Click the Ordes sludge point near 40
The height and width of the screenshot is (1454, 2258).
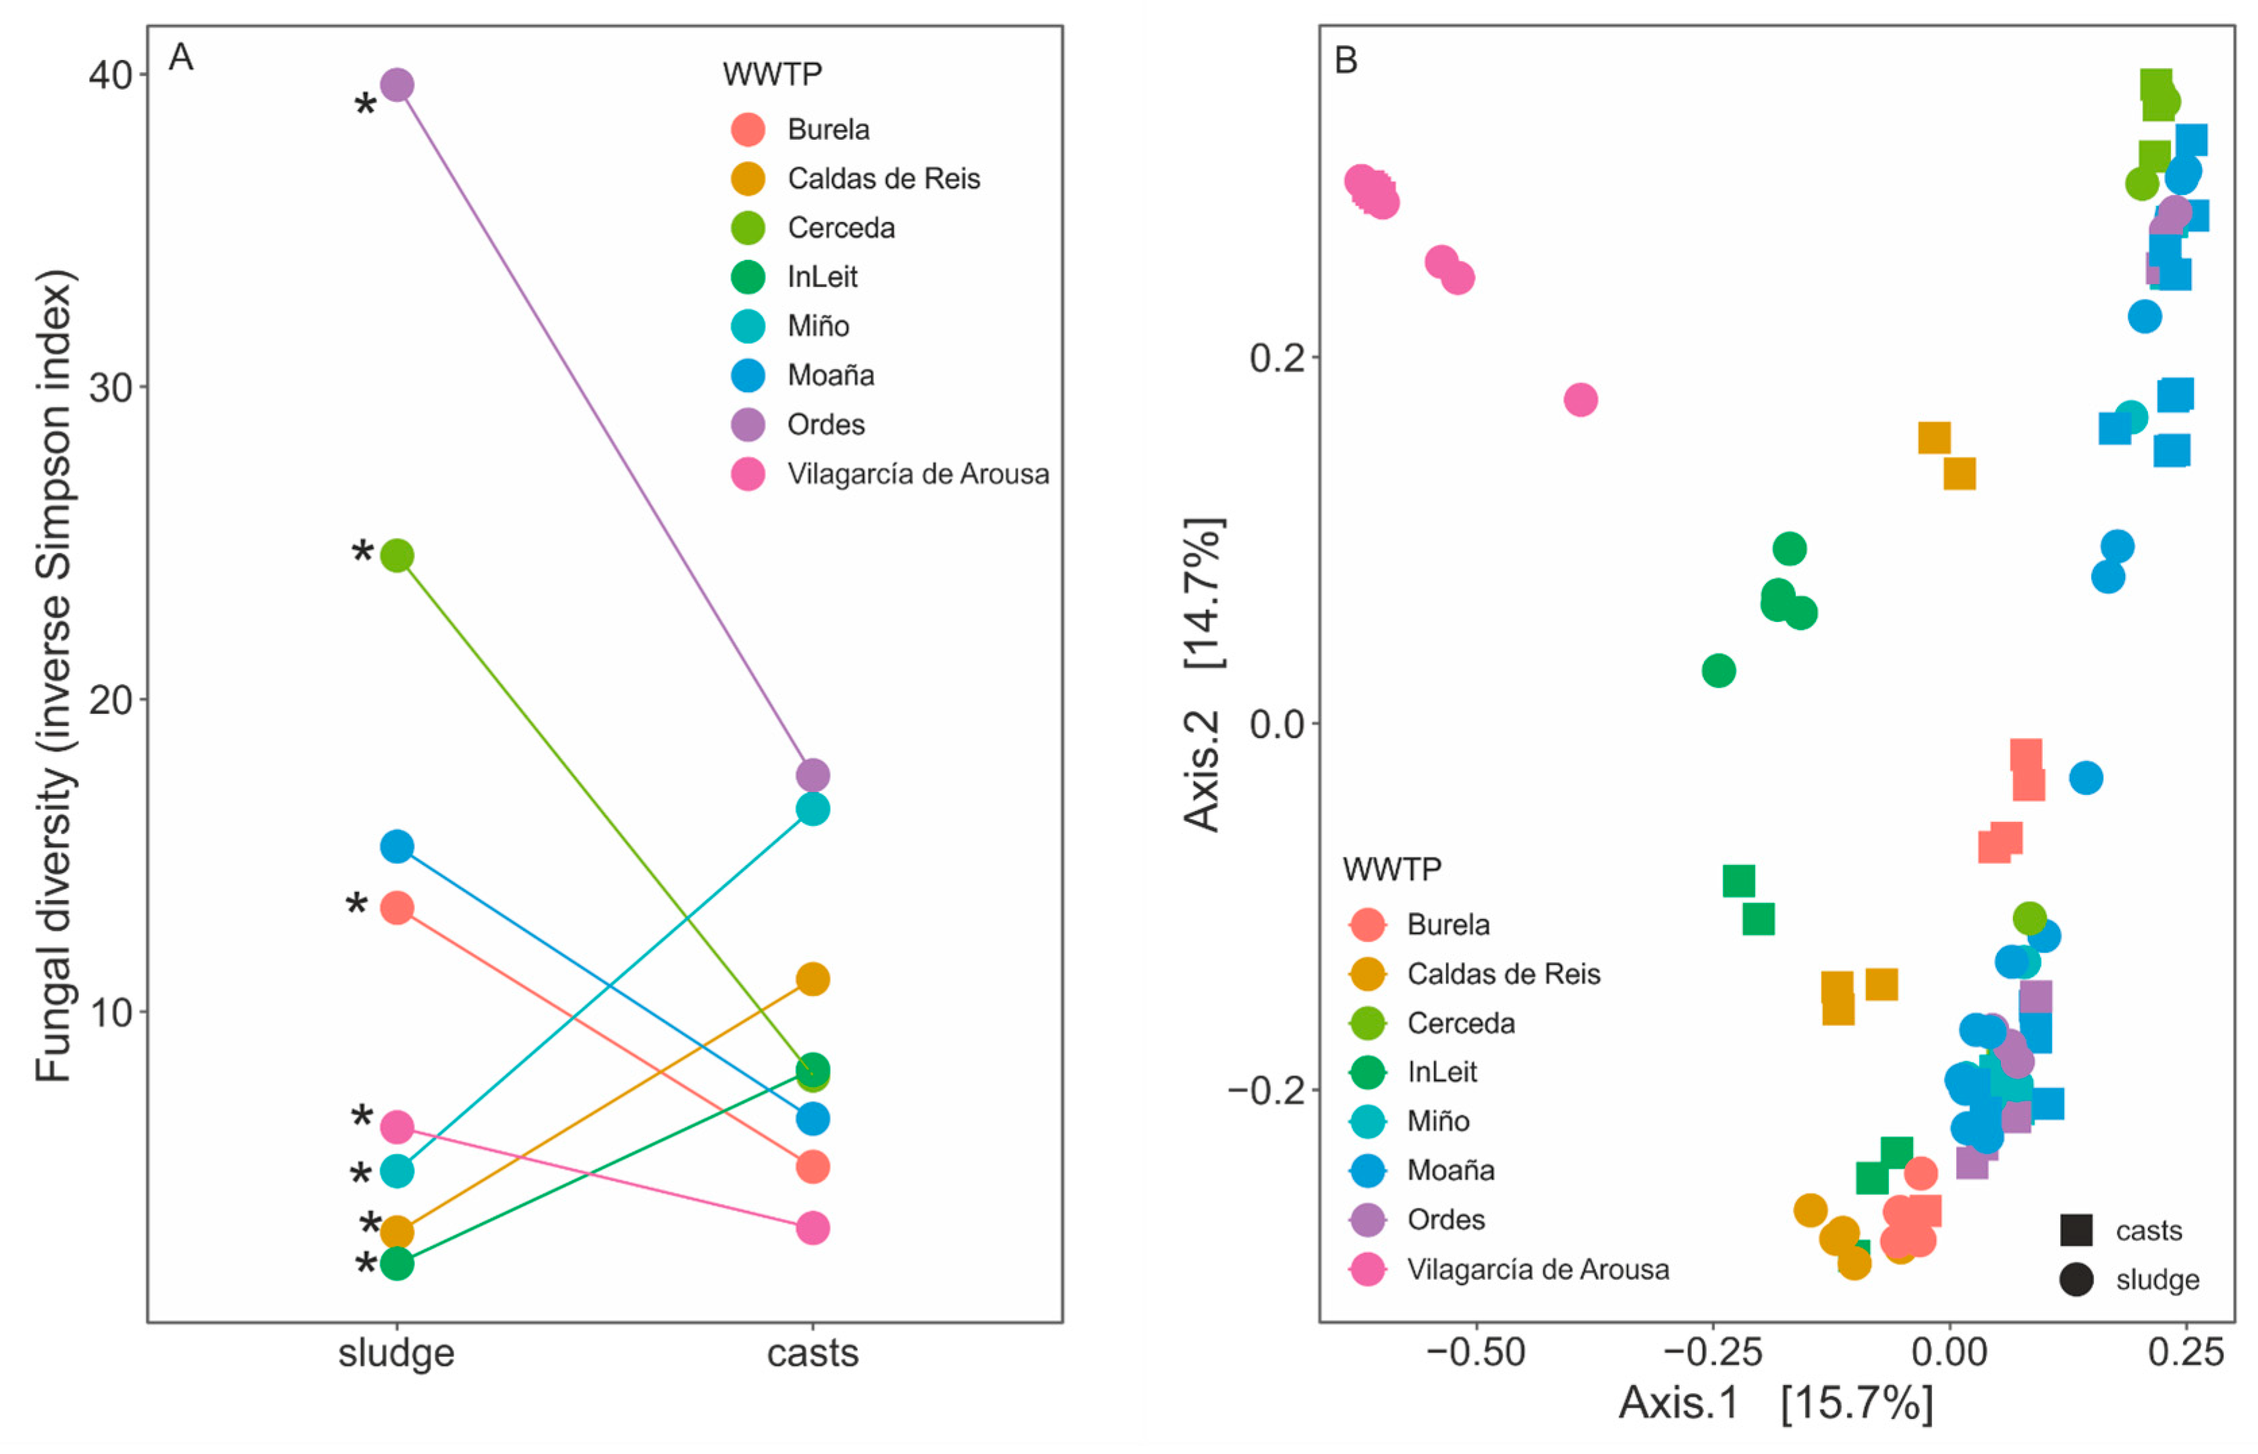(397, 85)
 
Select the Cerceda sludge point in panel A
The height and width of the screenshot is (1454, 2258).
(397, 556)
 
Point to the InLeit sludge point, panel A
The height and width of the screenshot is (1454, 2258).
(397, 1263)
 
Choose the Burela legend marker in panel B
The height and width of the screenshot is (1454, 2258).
(1367, 925)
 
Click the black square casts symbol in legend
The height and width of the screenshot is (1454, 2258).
(2076, 1230)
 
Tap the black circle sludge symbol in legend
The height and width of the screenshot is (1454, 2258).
(2076, 1281)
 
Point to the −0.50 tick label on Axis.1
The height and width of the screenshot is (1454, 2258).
(1475, 1352)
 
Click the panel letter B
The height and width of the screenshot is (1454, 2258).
(1346, 61)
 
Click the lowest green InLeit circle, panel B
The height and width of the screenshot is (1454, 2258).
(1719, 671)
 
